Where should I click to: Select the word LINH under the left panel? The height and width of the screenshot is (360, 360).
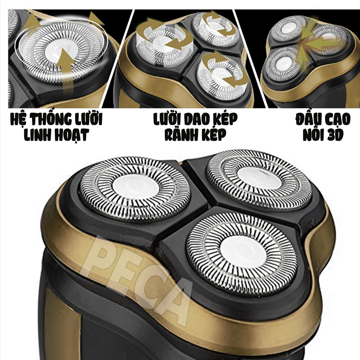[36, 135]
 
